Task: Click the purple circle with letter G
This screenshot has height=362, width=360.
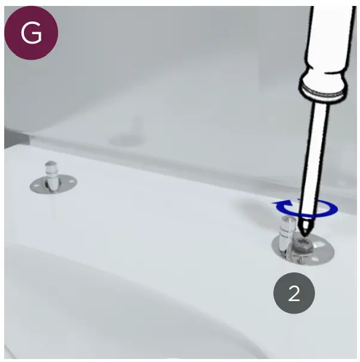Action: [x=31, y=33]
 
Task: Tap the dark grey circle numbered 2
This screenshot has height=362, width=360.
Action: [x=294, y=293]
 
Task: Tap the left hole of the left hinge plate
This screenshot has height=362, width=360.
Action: [x=36, y=186]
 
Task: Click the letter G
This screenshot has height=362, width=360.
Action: [x=31, y=33]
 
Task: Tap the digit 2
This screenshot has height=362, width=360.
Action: [x=294, y=293]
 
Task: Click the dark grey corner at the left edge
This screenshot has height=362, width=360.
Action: [x=12, y=139]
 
